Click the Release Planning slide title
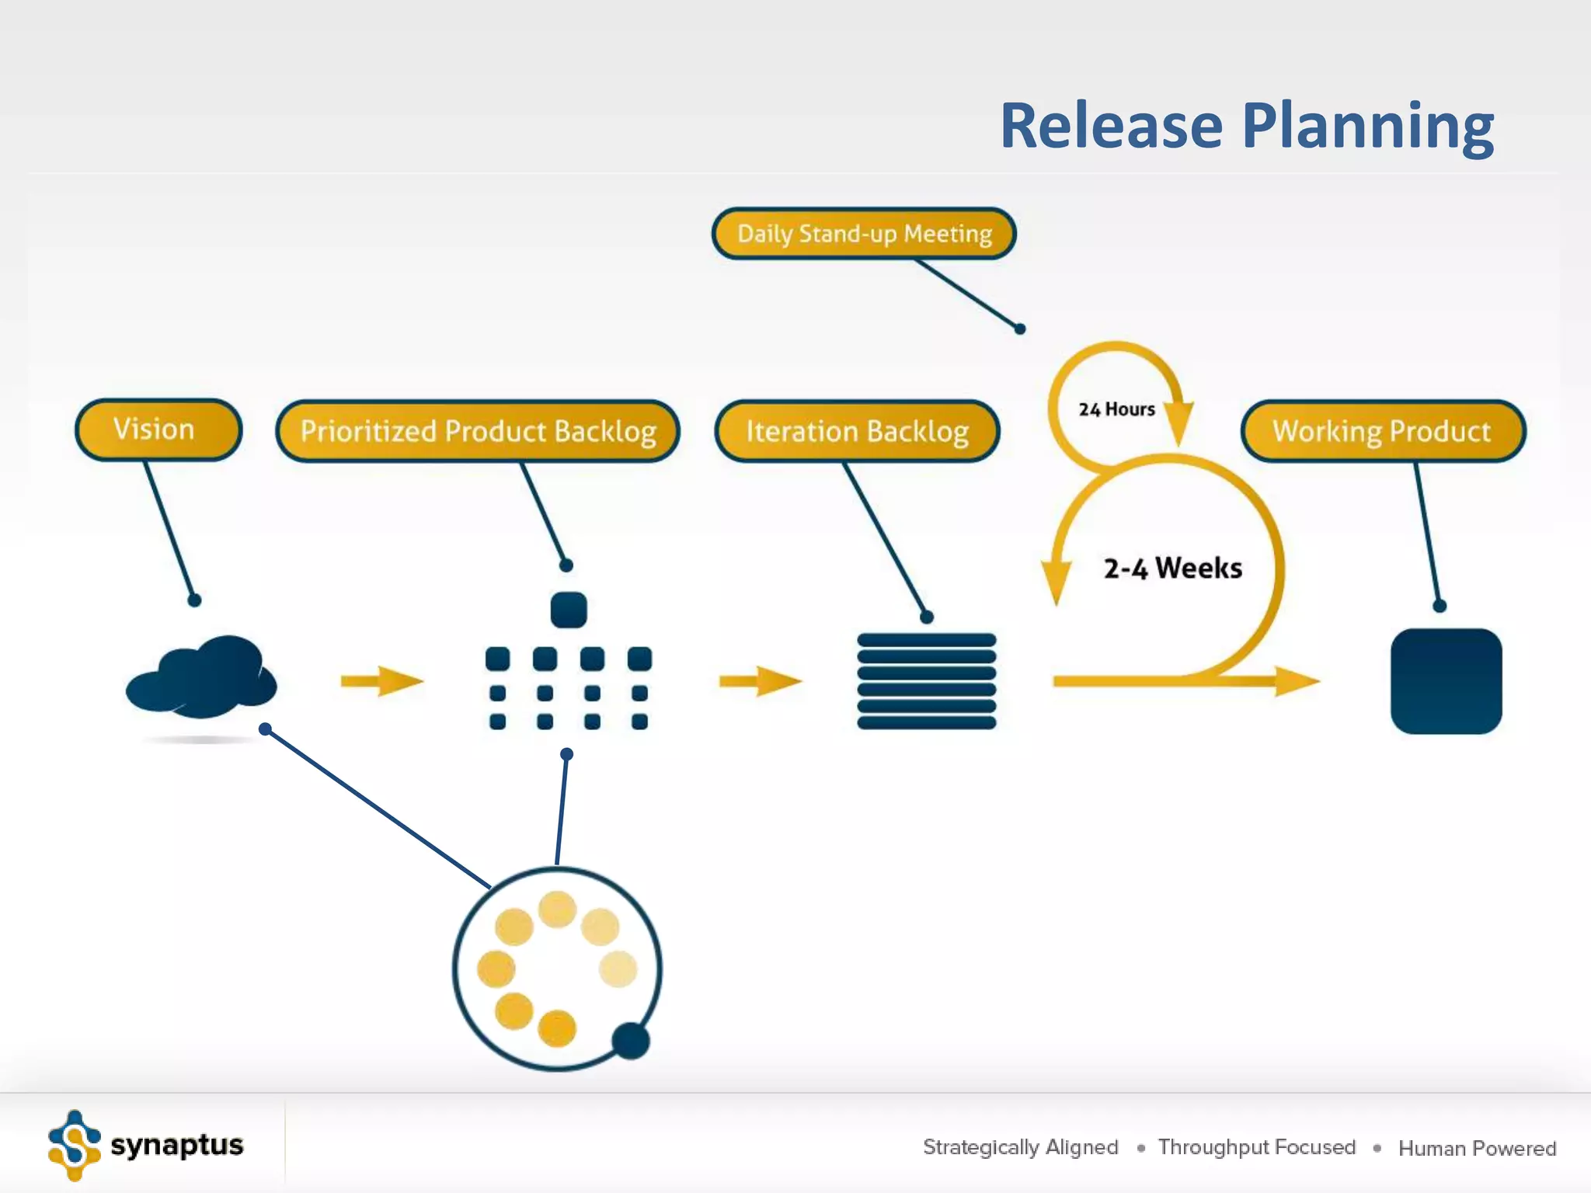click(x=1246, y=126)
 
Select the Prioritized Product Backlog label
click(x=478, y=431)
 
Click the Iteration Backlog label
click(x=857, y=431)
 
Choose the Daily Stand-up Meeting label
click(x=864, y=234)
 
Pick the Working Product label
click(x=1383, y=431)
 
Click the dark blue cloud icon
click(x=202, y=677)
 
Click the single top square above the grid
click(x=569, y=610)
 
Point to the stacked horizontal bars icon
click(x=926, y=681)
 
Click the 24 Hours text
click(x=1116, y=409)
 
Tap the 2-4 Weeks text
click(x=1173, y=569)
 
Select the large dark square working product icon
click(x=1446, y=681)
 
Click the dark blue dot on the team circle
click(x=631, y=1041)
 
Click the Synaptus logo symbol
click(x=75, y=1146)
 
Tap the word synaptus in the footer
click(x=177, y=1146)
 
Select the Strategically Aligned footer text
click(x=1020, y=1147)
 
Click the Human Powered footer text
click(x=1477, y=1148)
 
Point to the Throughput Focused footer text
click(x=1256, y=1147)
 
